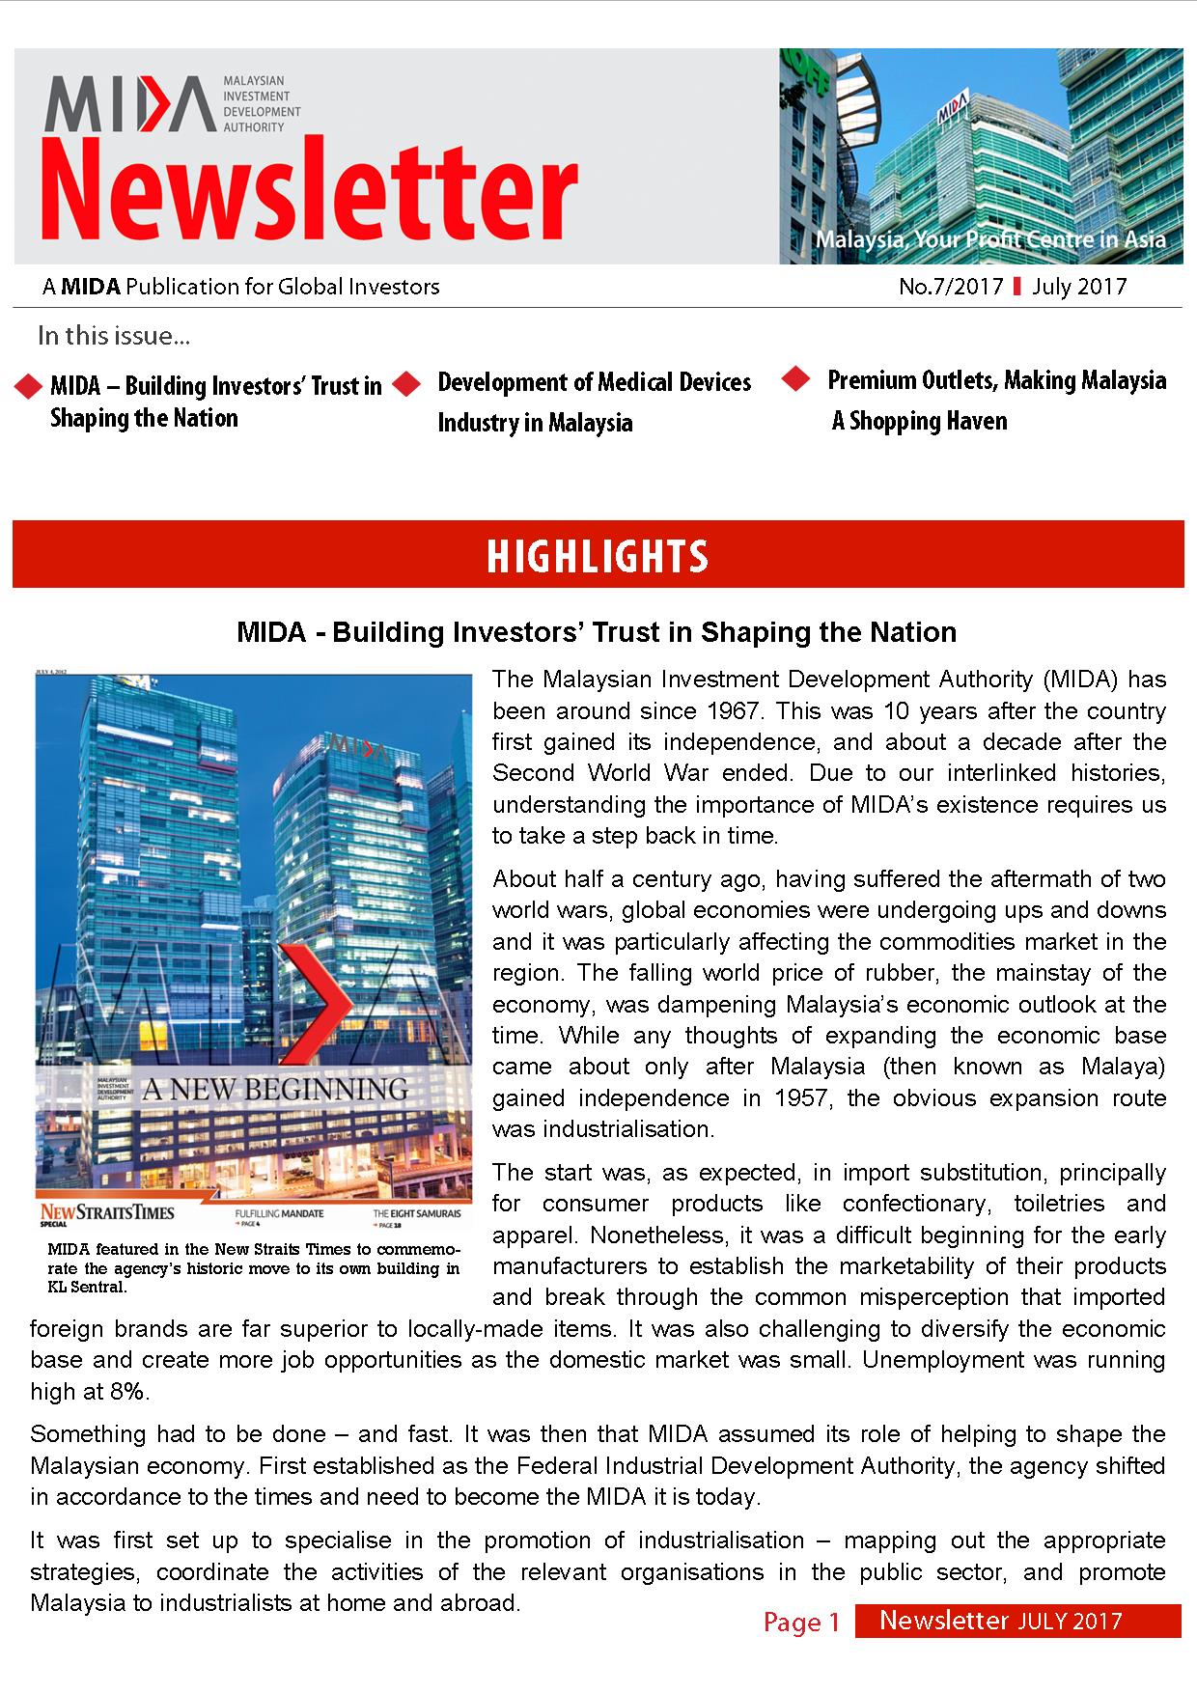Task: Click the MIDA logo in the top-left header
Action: (130, 103)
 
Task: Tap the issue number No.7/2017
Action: (951, 287)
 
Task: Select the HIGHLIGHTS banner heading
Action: (598, 556)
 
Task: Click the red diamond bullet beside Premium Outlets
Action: (795, 379)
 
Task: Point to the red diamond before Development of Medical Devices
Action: (407, 384)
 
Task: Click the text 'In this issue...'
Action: (113, 336)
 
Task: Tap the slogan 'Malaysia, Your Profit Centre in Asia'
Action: (989, 239)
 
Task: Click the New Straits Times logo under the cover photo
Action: (107, 1211)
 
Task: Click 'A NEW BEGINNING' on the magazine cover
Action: (275, 1090)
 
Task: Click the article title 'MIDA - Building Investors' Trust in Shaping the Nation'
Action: (597, 632)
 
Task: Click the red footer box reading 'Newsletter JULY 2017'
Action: (1016, 1621)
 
